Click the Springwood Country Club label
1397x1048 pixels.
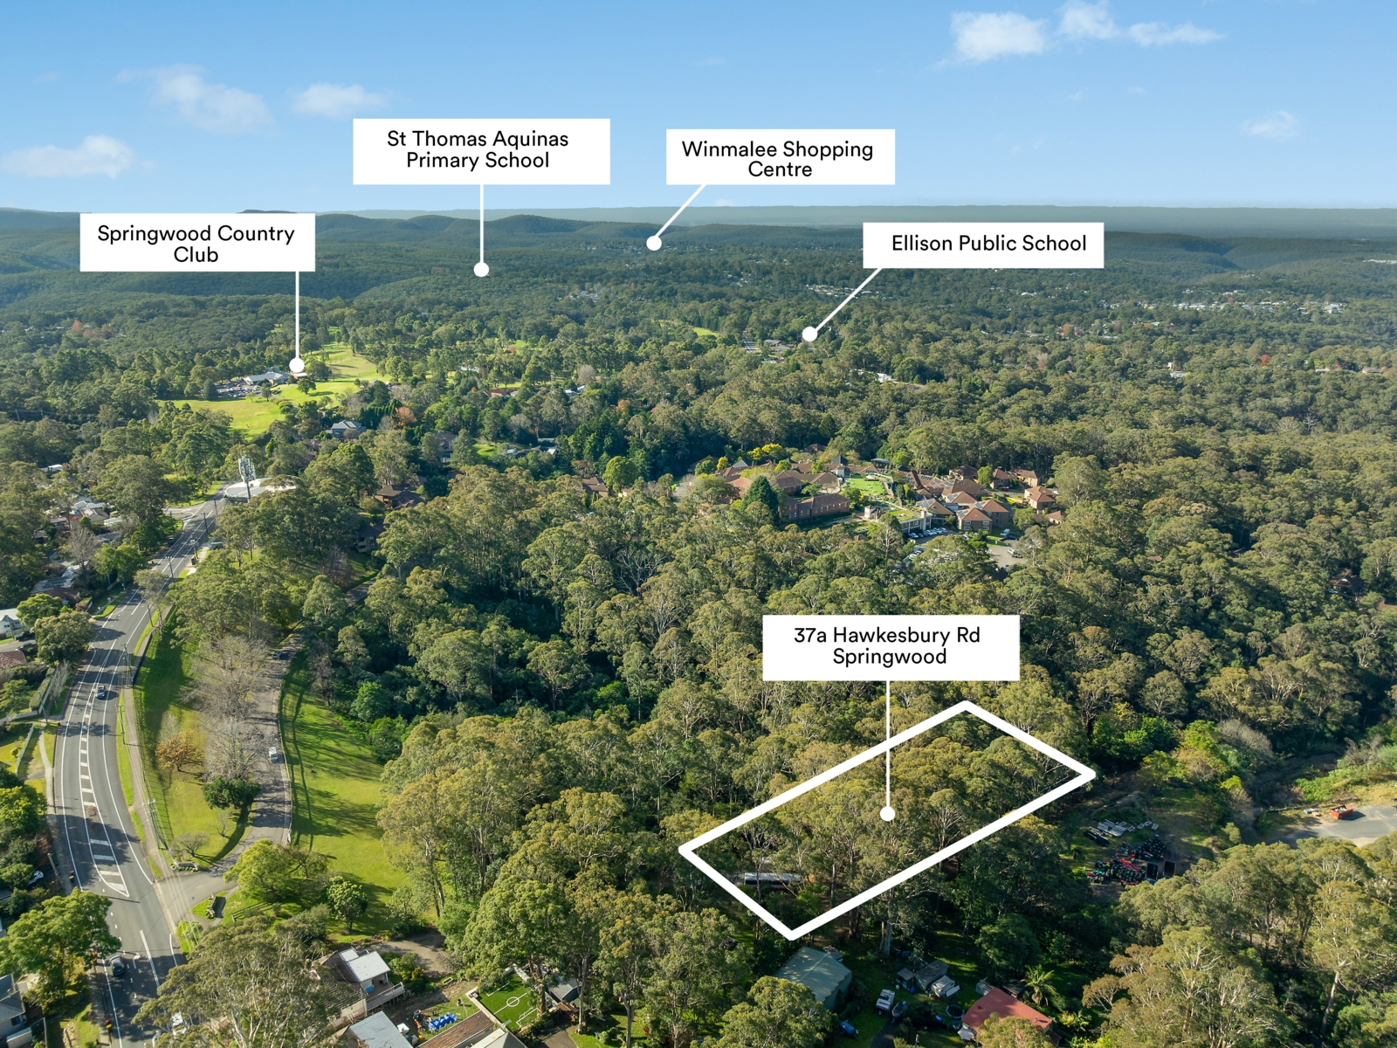[197, 243]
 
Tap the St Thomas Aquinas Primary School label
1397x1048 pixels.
[481, 151]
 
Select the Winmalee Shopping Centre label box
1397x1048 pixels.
[781, 157]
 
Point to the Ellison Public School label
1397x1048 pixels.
[983, 245]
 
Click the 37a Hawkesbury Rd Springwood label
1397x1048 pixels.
[891, 647]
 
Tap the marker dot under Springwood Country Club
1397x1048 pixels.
[297, 365]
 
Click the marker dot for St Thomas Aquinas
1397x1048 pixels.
[481, 269]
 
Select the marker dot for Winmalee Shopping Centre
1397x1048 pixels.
[654, 243]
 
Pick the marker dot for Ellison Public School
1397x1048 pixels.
[809, 334]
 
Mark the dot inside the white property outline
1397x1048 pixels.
[887, 813]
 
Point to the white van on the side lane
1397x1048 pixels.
[273, 755]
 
